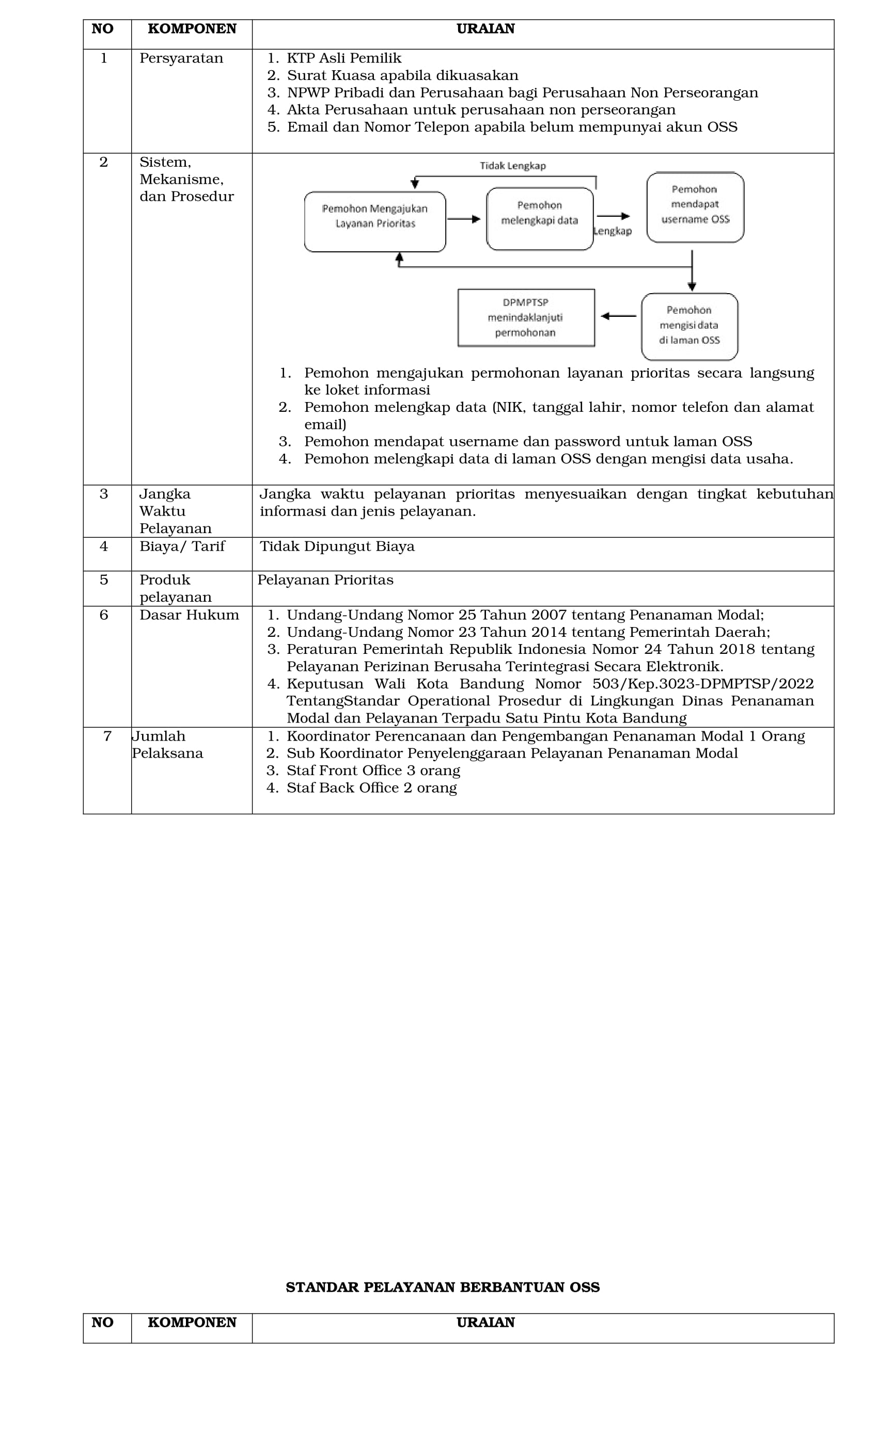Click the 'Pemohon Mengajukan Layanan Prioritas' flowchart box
point(374,222)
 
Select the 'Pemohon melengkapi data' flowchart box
point(539,219)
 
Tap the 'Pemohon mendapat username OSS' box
point(695,206)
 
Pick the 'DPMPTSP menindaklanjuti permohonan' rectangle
point(526,317)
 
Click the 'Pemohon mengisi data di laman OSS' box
point(689,326)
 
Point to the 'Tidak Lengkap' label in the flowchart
point(512,166)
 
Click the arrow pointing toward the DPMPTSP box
point(618,316)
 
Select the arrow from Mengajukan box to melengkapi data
point(464,219)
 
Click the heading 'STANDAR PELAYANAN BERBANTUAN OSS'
point(443,1287)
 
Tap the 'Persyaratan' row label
point(181,59)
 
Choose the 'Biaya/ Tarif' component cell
point(182,547)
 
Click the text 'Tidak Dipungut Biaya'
point(337,547)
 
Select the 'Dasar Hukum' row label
point(189,615)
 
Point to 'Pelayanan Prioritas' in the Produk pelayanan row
point(325,580)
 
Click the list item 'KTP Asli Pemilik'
point(343,59)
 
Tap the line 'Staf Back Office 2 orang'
point(371,788)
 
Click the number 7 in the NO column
point(107,736)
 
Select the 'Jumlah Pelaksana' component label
point(167,745)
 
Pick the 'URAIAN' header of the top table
point(485,29)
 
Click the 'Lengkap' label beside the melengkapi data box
point(613,231)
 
